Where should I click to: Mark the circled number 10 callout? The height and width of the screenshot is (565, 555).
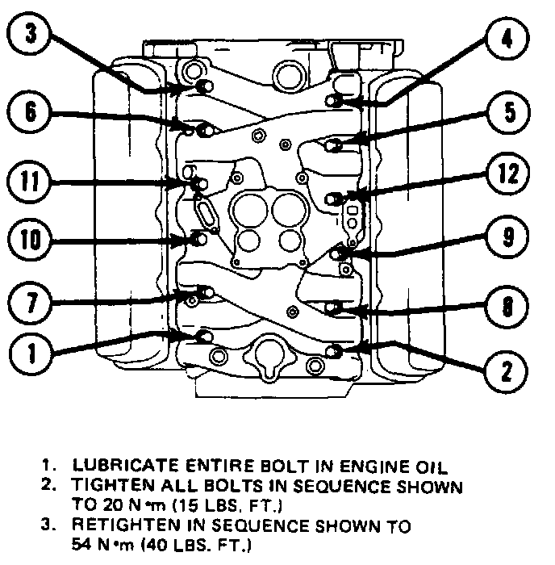30,240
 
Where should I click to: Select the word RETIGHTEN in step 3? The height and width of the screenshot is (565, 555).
116,526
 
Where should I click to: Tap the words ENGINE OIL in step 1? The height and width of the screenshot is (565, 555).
379,466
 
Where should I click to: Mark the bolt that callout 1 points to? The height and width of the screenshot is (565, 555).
204,336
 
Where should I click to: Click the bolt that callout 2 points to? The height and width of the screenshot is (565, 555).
336,349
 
